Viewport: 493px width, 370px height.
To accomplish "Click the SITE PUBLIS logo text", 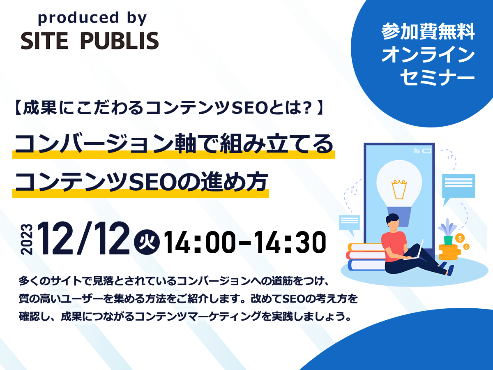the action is pos(90,41).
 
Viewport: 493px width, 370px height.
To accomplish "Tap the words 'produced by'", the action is pos(92,18).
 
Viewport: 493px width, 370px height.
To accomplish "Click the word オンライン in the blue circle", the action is pos(428,55).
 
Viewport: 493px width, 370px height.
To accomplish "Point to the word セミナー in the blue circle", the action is pos(438,78).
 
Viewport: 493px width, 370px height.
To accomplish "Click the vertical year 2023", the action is pos(27,239).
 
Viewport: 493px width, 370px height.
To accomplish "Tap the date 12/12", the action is pos(83,238).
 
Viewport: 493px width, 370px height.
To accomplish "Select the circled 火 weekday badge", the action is pos(147,242).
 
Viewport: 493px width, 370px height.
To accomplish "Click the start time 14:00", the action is pos(200,243).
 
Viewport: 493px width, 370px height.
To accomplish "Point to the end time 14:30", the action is pos(290,243).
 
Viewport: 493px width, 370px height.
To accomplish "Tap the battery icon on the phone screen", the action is pos(426,151).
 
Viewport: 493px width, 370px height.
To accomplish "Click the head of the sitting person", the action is pos(393,223).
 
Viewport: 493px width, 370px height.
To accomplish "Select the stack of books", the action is pos(366,257).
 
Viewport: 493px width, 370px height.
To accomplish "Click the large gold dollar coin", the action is pos(460,238).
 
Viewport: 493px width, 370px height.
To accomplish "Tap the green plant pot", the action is pos(448,240).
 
